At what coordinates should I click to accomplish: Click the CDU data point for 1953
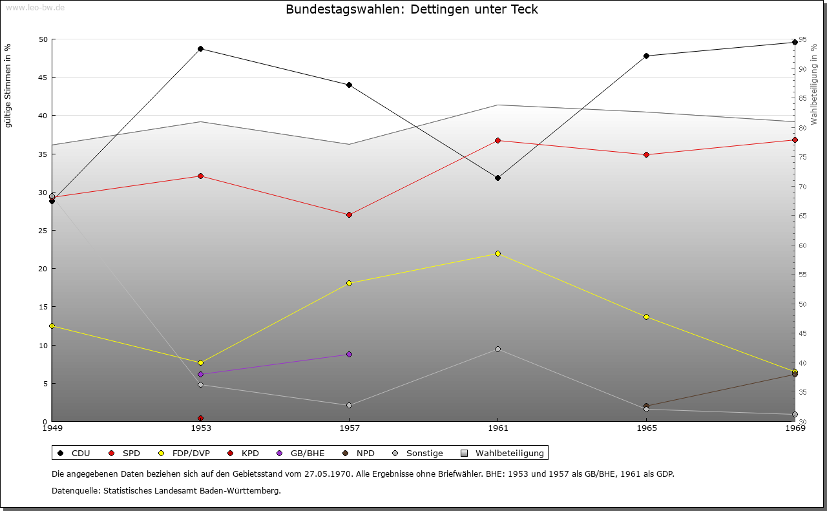(x=200, y=49)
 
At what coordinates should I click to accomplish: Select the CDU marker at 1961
(x=497, y=178)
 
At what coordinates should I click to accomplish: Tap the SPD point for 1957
(x=349, y=214)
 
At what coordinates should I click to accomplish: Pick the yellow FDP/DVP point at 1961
(x=497, y=253)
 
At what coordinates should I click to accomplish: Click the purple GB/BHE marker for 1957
(x=349, y=354)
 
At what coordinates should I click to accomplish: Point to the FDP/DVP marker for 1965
(x=646, y=317)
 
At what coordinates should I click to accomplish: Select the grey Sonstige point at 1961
(x=497, y=349)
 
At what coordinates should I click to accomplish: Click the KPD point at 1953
(x=200, y=419)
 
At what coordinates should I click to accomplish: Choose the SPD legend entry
(x=125, y=453)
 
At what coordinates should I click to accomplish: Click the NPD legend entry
(x=359, y=453)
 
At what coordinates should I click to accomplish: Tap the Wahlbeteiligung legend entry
(x=505, y=453)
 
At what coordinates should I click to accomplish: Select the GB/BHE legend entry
(x=301, y=453)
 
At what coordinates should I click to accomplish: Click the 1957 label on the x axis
(x=349, y=428)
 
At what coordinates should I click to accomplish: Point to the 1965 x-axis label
(x=646, y=428)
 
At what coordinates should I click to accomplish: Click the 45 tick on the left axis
(x=43, y=78)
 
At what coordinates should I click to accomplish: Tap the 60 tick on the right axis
(x=802, y=245)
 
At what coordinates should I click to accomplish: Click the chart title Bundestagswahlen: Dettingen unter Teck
(x=412, y=10)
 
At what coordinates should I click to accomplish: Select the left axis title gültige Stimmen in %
(x=8, y=85)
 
